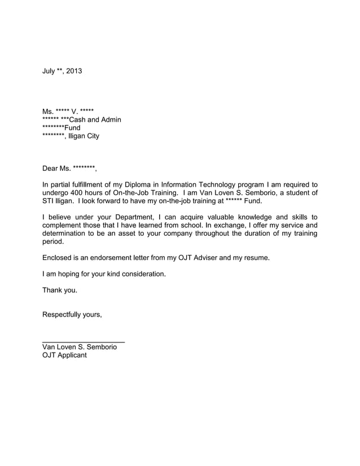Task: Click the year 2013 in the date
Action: click(x=73, y=71)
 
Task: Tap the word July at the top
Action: click(x=49, y=71)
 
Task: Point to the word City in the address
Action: click(x=91, y=136)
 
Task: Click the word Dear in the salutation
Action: click(x=51, y=168)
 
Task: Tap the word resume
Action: click(x=256, y=258)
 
